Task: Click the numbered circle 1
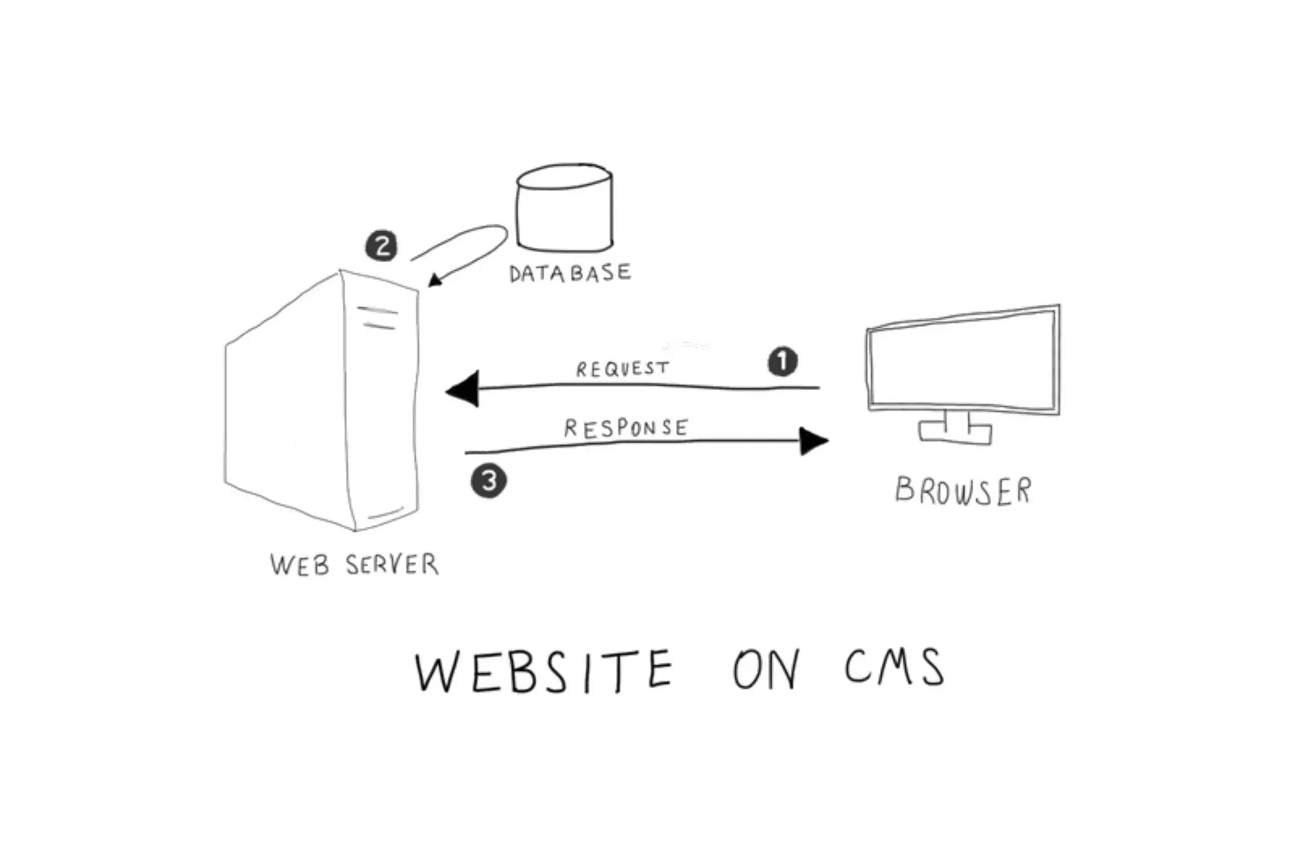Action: click(782, 362)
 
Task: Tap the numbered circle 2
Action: click(382, 246)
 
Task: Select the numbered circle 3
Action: click(489, 481)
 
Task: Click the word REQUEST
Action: click(622, 369)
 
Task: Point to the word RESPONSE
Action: click(626, 428)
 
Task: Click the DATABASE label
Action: click(569, 273)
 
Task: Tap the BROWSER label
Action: click(963, 491)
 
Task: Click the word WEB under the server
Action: click(300, 565)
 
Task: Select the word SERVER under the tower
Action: click(392, 565)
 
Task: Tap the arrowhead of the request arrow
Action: click(463, 389)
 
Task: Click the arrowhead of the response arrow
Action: click(813, 441)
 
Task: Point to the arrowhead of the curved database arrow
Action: click(435, 280)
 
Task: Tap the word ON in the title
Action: click(766, 669)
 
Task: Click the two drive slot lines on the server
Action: click(378, 318)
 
